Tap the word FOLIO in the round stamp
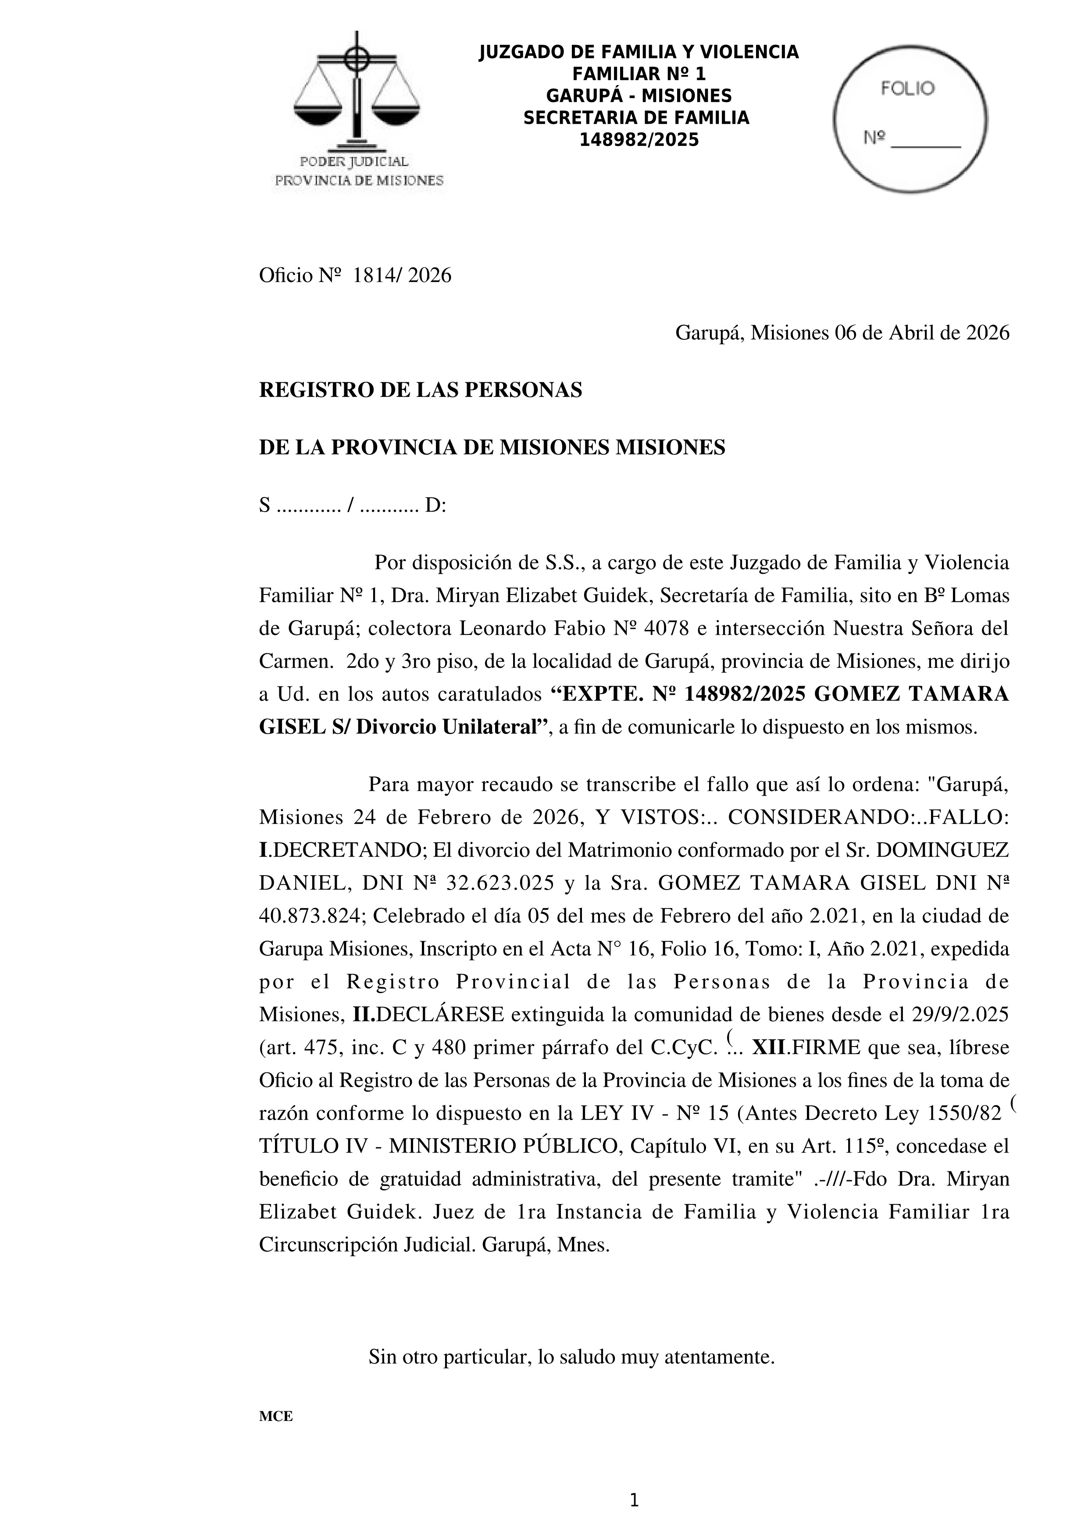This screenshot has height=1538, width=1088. tap(907, 89)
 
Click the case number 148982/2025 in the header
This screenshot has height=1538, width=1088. tap(639, 140)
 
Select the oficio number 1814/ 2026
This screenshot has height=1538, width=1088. tap(402, 275)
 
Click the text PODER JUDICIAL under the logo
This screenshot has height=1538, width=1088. tap(354, 161)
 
